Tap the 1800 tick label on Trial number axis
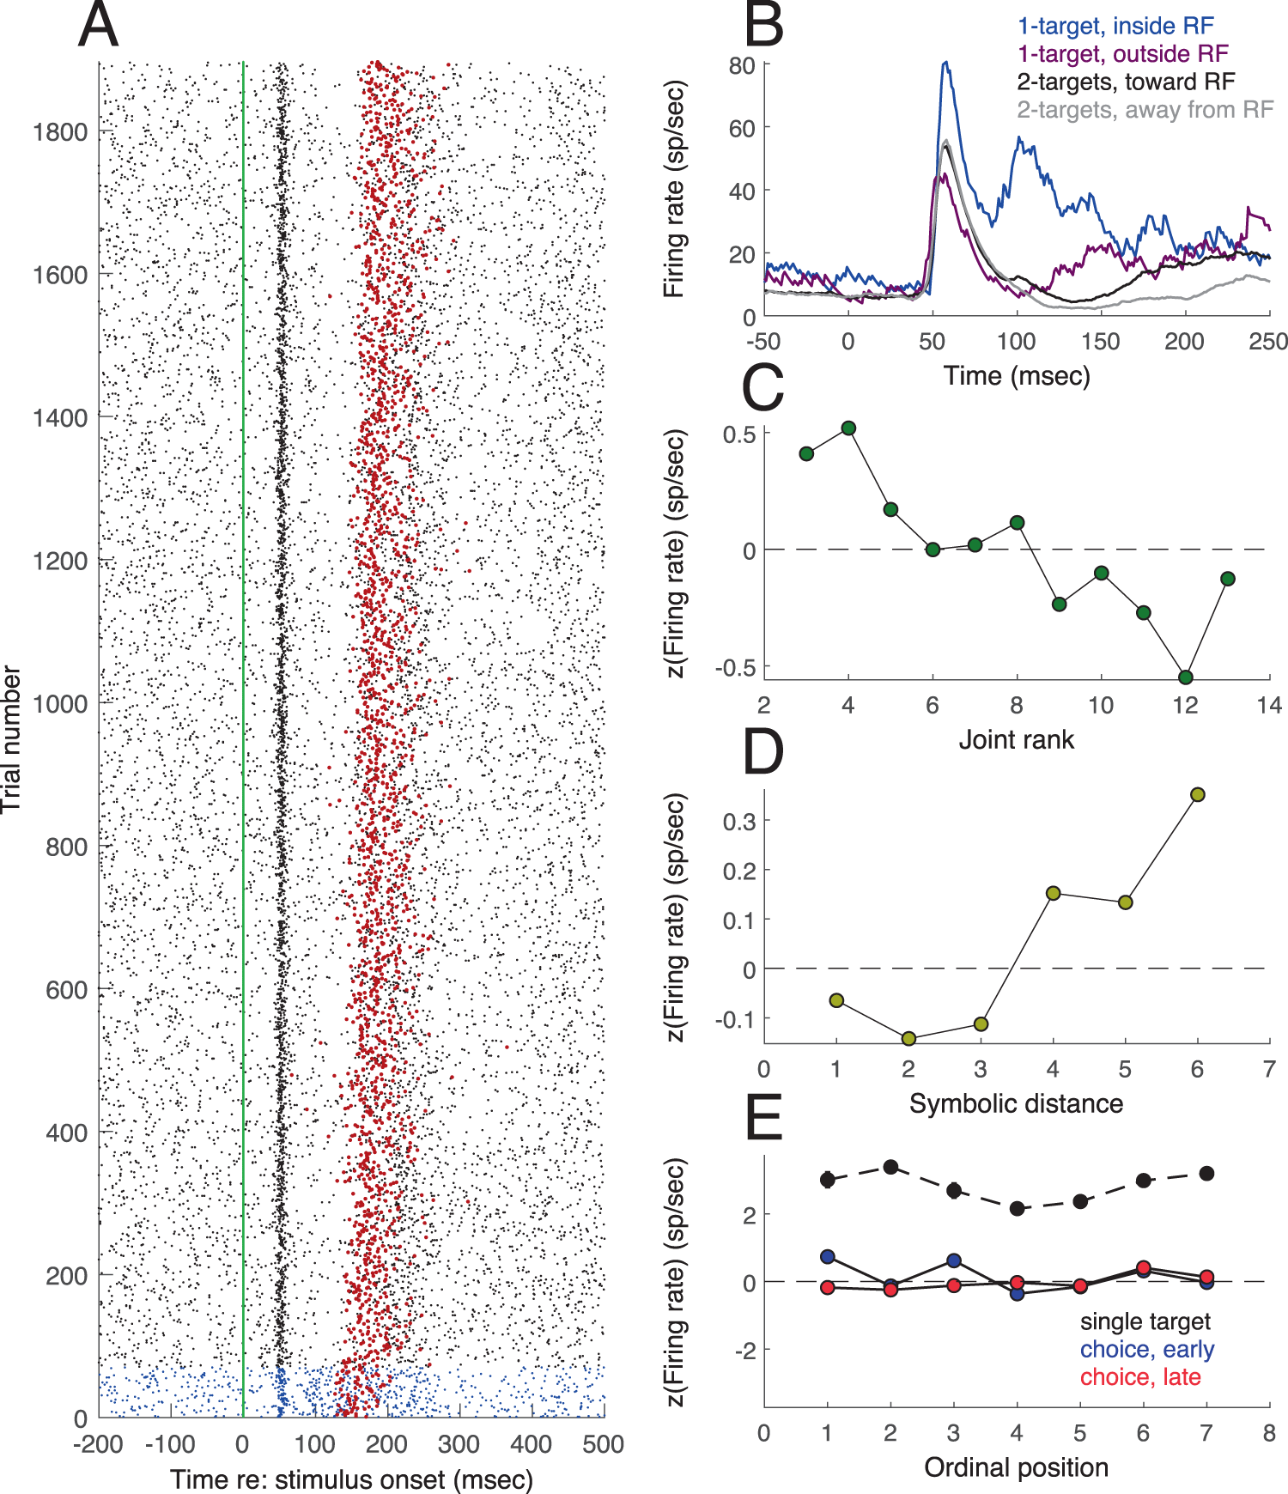(x=60, y=132)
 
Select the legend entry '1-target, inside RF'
(x=1115, y=26)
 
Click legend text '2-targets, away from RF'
(x=1145, y=110)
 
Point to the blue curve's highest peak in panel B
(x=945, y=63)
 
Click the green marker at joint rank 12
(x=1186, y=677)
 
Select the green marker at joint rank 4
(x=848, y=428)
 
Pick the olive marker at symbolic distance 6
(x=1198, y=794)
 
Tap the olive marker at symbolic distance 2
(x=908, y=1039)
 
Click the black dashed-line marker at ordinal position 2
(x=890, y=1167)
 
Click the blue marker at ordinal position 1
(x=828, y=1257)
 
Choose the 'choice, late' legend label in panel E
(x=1139, y=1377)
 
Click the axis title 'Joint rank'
(x=1016, y=739)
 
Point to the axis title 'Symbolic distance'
(x=1016, y=1103)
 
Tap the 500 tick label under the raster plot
(x=603, y=1444)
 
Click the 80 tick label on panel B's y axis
(x=741, y=66)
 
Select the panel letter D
(x=763, y=752)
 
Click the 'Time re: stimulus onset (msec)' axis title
(x=351, y=1479)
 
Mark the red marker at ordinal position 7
(x=1206, y=1277)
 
